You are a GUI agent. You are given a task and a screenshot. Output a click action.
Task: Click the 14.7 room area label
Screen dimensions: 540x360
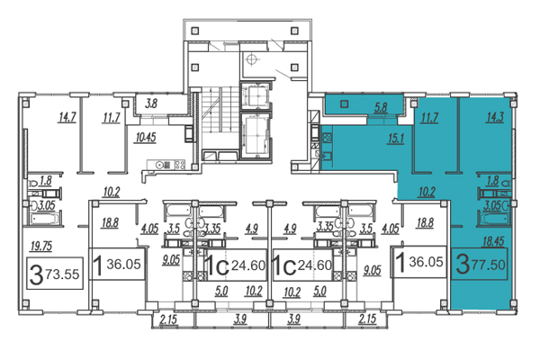pos(67,118)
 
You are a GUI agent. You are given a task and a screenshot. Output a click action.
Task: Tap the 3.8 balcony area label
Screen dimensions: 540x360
pos(151,103)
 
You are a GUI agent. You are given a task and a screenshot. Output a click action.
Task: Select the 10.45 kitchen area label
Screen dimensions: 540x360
pos(146,138)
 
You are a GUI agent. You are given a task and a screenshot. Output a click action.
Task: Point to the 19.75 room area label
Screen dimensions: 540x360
pos(41,247)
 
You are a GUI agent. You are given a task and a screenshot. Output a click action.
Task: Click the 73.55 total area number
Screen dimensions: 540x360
pos(62,274)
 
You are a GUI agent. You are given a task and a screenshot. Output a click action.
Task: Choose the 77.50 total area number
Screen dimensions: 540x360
pos(489,265)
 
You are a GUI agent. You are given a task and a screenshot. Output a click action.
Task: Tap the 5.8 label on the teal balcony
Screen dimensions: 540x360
pos(381,107)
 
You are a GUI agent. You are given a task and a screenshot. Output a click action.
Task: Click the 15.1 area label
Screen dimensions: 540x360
pos(395,139)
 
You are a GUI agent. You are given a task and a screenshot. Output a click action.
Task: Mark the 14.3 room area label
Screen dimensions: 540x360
pos(495,117)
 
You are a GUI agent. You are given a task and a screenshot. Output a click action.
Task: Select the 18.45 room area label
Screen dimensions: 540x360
pos(493,241)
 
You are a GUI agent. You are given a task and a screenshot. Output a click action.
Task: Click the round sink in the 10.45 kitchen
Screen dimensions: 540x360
pos(159,165)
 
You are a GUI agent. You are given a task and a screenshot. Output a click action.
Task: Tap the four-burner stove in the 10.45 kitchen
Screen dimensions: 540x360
pos(179,165)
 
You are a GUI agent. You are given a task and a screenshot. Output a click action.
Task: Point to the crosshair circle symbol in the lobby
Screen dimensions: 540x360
pos(252,58)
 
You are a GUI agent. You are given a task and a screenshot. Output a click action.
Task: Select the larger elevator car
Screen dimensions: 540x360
pos(256,136)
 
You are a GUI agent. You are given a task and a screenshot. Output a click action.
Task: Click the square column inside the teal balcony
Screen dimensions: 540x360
pos(344,103)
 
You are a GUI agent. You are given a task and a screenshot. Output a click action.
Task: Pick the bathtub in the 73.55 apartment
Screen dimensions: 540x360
pos(44,219)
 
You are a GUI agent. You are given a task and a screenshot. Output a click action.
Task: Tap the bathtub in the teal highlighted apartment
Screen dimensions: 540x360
pos(494,219)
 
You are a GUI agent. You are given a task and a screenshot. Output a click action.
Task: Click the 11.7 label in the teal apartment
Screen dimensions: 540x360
pos(429,118)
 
